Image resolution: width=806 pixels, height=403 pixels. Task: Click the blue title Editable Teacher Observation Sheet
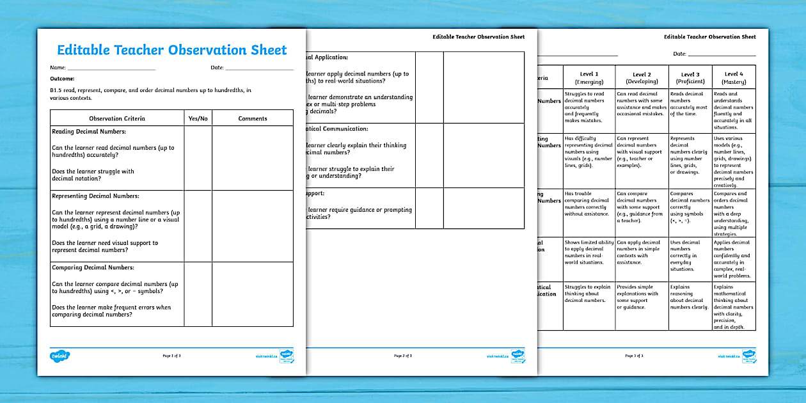click(x=171, y=51)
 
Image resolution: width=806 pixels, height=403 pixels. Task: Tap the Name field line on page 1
click(x=111, y=68)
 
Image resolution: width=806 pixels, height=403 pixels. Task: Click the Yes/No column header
click(x=198, y=118)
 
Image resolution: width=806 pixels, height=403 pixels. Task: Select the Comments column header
click(x=252, y=118)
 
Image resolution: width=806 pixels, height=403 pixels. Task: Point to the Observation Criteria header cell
click(x=117, y=118)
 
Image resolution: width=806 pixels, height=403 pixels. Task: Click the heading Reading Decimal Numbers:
click(x=89, y=131)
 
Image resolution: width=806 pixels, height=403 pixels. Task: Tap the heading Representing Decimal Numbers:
click(x=95, y=196)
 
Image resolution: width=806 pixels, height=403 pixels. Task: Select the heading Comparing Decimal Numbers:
click(x=93, y=267)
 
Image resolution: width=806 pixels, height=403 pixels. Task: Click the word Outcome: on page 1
click(x=62, y=78)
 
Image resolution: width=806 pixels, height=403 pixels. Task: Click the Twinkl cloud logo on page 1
click(x=59, y=356)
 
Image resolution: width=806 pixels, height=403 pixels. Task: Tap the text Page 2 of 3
click(x=403, y=356)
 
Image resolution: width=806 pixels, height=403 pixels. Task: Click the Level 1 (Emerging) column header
click(x=589, y=77)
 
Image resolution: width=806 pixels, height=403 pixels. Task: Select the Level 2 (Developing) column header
click(x=642, y=77)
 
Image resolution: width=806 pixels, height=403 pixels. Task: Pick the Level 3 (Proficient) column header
click(x=690, y=77)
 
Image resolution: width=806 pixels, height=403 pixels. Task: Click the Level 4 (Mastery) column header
click(x=733, y=77)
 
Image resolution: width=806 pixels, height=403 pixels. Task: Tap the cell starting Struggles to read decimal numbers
click(x=589, y=107)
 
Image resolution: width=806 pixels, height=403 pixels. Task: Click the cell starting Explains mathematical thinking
click(x=733, y=306)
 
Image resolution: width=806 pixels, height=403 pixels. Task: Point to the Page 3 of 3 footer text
click(x=634, y=356)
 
